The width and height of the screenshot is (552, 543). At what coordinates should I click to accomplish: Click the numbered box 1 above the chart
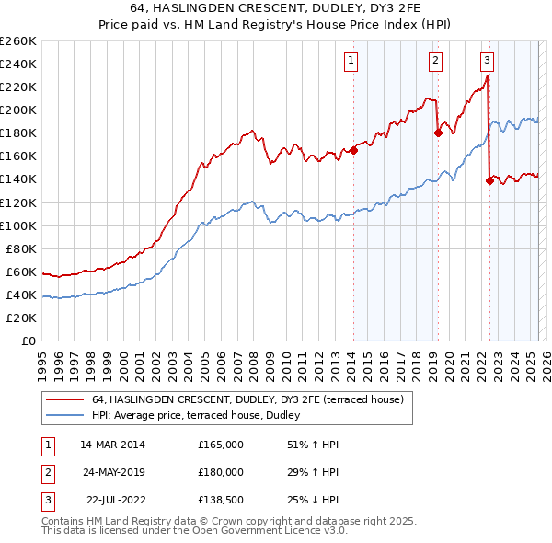click(x=352, y=62)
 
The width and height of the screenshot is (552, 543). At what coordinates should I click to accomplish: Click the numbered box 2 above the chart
click(x=434, y=62)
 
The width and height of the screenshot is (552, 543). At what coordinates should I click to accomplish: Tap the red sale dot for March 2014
click(x=353, y=151)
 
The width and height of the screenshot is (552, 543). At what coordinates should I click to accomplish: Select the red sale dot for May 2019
click(x=438, y=133)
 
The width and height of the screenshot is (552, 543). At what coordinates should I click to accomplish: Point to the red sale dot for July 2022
click(x=489, y=180)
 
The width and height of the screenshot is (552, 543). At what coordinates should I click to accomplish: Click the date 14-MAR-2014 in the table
click(x=112, y=445)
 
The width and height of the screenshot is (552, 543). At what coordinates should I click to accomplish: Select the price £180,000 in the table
click(x=221, y=472)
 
